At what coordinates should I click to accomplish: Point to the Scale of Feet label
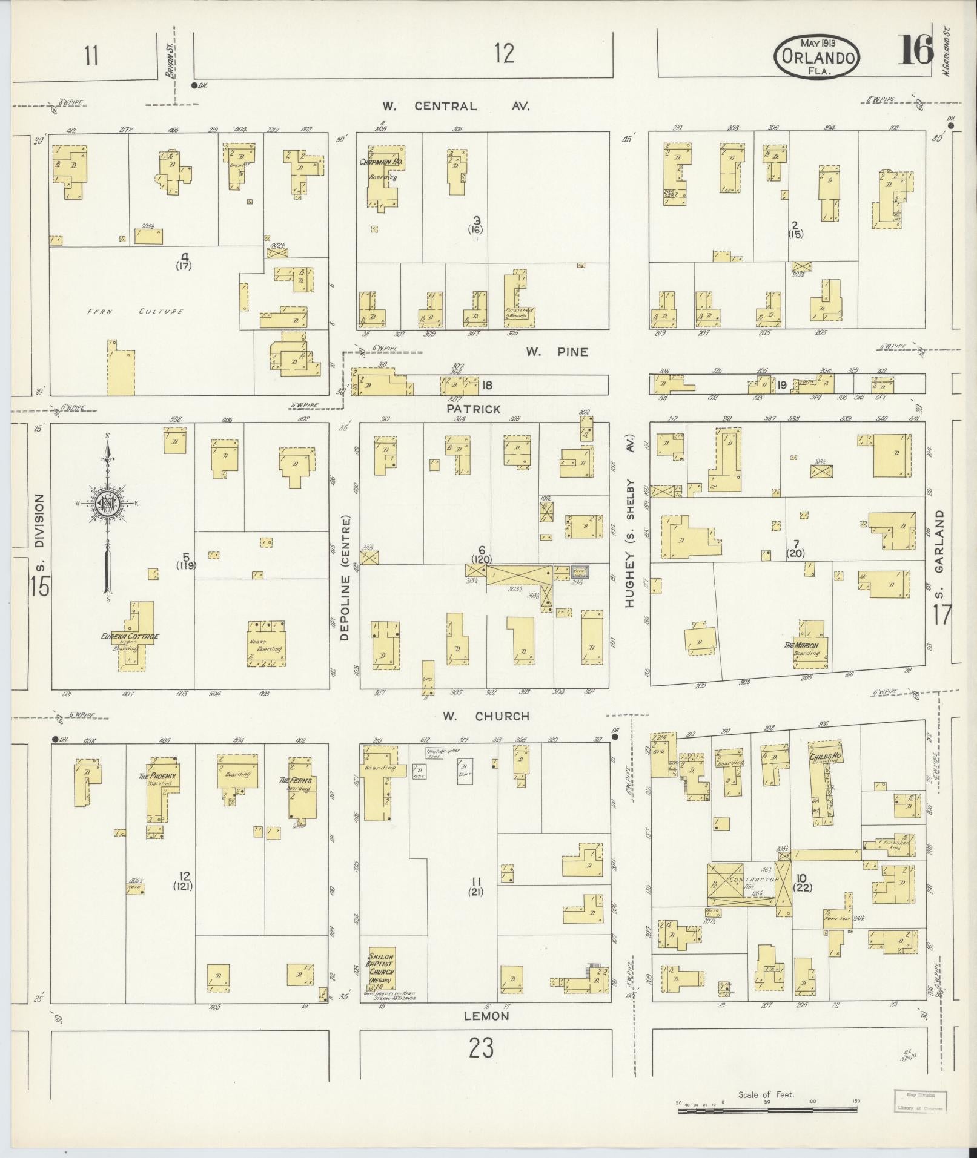[x=766, y=1095]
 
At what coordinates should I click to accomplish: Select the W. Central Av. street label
[x=455, y=107]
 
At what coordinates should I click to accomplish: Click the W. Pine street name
[x=556, y=352]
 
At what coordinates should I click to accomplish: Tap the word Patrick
[x=474, y=409]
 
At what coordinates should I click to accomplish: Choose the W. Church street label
[x=485, y=716]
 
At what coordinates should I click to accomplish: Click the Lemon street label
[x=486, y=1016]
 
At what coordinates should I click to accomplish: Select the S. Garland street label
[x=939, y=553]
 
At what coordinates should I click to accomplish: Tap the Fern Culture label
[x=134, y=311]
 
